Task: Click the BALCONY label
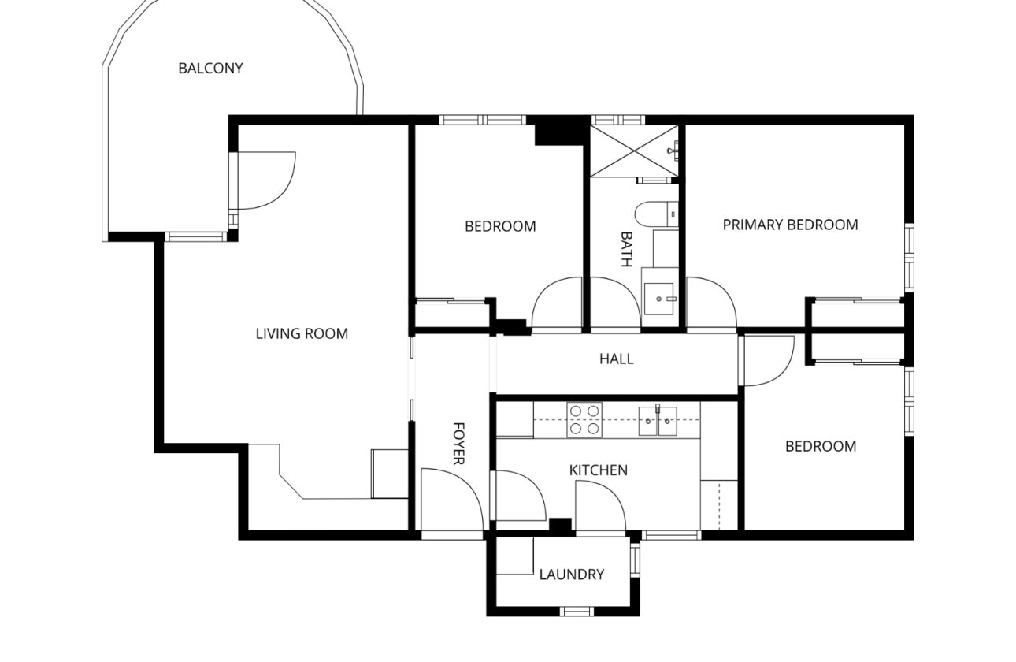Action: (210, 68)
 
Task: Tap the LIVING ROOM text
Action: (302, 333)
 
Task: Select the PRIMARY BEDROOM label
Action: (790, 225)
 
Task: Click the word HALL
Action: (616, 359)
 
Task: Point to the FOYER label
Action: (459, 444)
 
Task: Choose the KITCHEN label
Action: (599, 470)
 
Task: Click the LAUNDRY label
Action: (572, 575)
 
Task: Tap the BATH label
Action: (626, 249)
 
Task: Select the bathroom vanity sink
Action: (660, 298)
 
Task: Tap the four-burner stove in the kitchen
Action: (584, 419)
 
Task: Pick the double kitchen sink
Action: (657, 419)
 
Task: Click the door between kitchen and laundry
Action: (600, 506)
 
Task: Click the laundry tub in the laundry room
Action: (516, 557)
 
